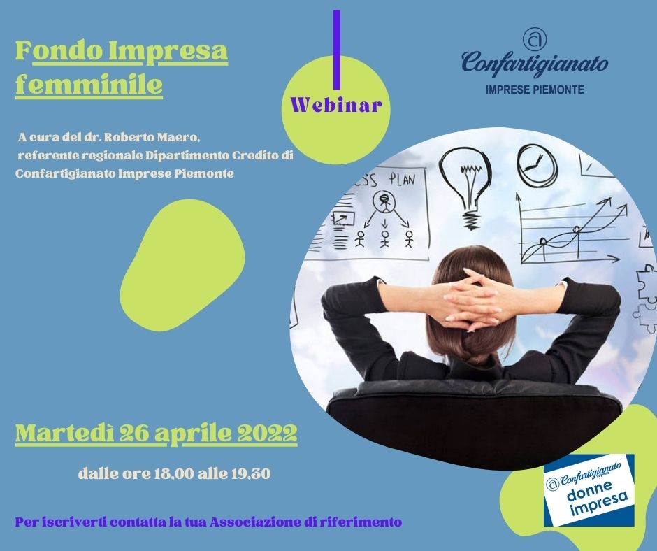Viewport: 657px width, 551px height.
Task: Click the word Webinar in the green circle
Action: (336, 105)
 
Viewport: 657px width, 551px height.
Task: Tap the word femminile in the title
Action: (89, 85)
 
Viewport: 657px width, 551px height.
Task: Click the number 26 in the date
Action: (134, 433)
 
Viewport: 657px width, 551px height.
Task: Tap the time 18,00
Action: (174, 474)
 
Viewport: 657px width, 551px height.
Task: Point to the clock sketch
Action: (537, 165)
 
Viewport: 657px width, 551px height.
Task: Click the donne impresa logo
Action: (589, 489)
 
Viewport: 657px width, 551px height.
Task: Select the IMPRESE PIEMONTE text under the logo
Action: (535, 90)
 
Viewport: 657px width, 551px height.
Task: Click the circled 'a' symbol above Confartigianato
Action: (535, 40)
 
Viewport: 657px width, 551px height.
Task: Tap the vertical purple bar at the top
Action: (336, 50)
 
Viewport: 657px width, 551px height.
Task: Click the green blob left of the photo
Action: (182, 265)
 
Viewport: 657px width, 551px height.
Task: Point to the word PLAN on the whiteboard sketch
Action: (402, 180)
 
